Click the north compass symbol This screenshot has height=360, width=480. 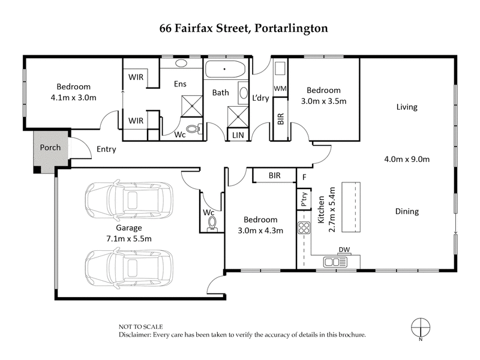pos(422,327)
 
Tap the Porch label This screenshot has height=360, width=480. pos(50,148)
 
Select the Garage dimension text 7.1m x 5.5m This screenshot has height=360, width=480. pos(130,238)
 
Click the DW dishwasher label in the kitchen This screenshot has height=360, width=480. pos(344,250)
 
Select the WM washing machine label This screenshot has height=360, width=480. pos(280,89)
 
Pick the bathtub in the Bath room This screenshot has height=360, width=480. pos(225,69)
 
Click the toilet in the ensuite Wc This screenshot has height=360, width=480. pos(193,128)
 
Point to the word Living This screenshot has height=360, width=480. pos(406,107)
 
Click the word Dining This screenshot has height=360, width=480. pos(407,211)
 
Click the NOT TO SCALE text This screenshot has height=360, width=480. pos(141,326)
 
